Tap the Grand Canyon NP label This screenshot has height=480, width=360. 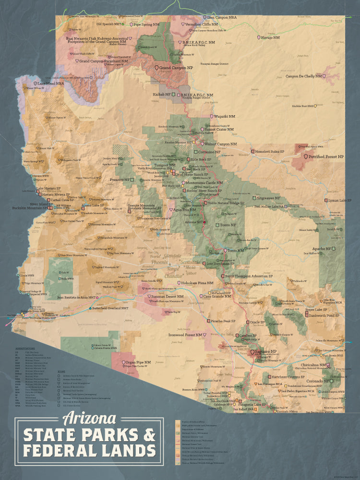(176, 69)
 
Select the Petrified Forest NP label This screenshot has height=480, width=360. (326, 156)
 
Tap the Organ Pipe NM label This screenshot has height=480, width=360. (139, 362)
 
